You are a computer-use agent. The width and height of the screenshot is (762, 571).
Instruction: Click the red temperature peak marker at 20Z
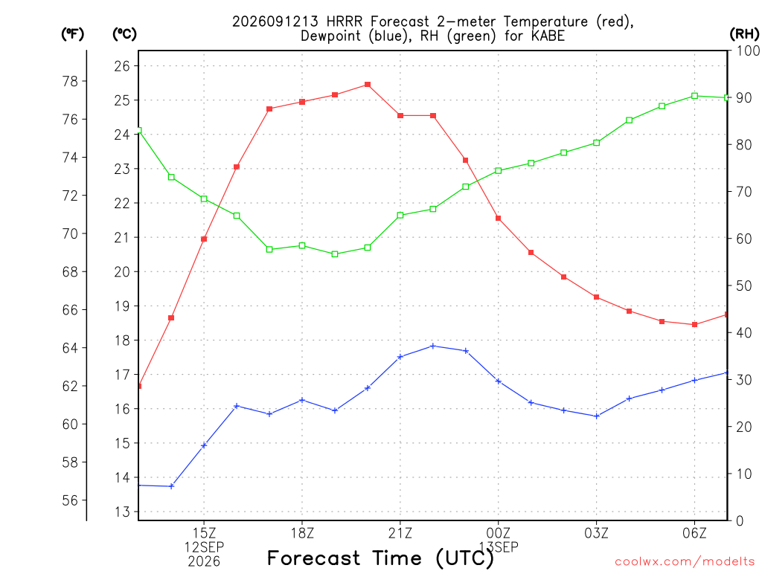tap(368, 85)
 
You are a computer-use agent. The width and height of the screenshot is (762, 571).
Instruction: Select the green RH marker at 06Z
tap(695, 96)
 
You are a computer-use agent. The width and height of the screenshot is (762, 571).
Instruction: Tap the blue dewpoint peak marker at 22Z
tap(433, 346)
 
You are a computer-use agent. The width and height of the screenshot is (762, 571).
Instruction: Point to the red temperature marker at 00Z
tap(498, 219)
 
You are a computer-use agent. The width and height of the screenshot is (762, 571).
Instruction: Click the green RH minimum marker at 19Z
tap(335, 254)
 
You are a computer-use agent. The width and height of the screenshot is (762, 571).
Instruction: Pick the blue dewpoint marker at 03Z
tap(597, 416)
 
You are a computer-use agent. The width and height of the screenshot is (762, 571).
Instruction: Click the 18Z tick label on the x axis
tap(302, 533)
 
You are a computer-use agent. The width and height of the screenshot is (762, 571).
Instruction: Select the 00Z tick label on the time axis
tap(498, 533)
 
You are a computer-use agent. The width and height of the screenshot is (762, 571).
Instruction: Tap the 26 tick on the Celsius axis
tap(123, 66)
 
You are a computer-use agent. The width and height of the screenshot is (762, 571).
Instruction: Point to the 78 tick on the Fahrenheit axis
tap(71, 82)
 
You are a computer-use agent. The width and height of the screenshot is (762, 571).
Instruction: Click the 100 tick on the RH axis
tap(748, 51)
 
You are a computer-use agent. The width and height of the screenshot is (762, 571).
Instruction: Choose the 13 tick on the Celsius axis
tap(123, 512)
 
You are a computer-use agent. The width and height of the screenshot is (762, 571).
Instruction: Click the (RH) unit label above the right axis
tap(744, 33)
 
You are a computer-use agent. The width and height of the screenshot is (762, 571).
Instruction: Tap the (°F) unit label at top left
tap(72, 34)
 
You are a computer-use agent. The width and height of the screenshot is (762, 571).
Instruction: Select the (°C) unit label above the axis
tap(124, 34)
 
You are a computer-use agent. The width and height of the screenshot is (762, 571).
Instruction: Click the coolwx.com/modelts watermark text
tap(685, 562)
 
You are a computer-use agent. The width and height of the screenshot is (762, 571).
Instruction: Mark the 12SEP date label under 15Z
tap(204, 547)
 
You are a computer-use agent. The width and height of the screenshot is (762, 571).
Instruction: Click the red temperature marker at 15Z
tap(204, 239)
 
